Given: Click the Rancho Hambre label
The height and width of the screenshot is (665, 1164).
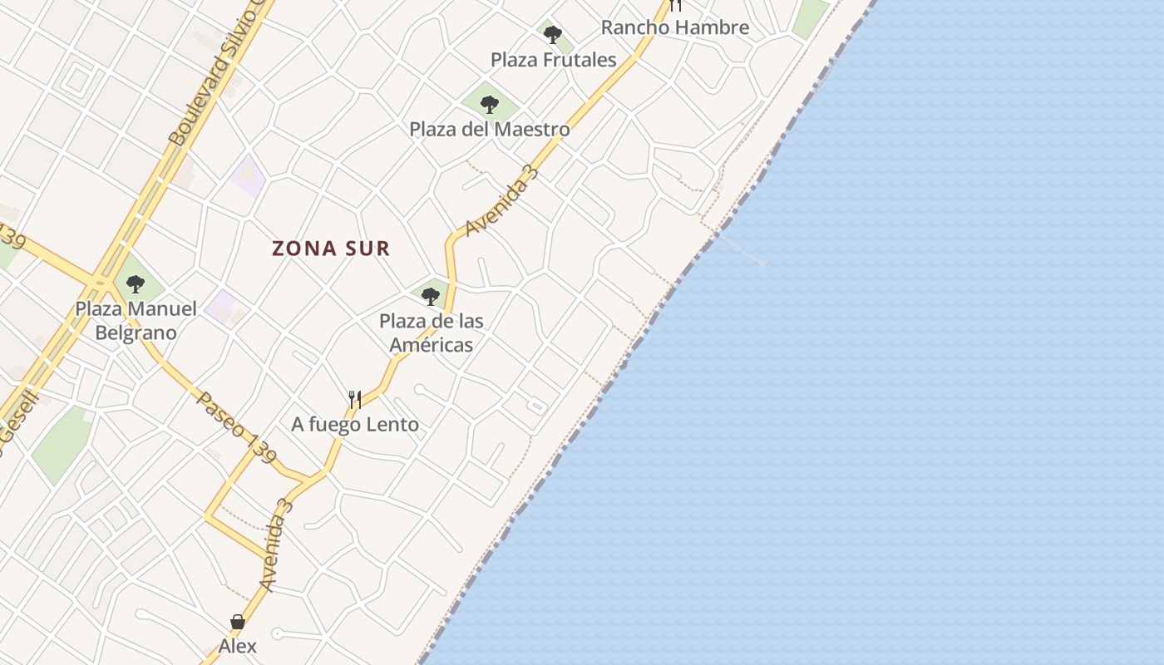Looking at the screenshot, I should point(674,27).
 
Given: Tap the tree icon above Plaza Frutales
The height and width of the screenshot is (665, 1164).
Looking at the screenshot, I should point(553,35).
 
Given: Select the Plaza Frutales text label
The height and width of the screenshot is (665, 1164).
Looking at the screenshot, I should point(553,60).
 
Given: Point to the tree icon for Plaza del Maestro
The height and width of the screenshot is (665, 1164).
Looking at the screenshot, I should point(490,105).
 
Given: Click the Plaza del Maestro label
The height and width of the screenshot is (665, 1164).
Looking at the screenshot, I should point(490,130).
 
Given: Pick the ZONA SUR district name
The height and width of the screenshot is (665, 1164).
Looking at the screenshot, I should point(331,248).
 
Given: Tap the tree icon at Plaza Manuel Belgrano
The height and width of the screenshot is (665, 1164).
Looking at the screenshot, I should point(135,284).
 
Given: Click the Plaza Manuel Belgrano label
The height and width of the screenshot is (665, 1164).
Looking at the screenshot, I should point(136,321).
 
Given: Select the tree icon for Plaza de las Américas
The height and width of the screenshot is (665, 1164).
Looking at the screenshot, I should point(430,296).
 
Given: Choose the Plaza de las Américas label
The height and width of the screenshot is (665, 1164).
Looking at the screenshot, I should point(431,332).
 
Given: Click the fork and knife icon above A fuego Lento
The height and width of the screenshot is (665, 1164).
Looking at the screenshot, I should point(355,400).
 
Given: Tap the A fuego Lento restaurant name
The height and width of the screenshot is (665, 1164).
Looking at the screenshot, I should point(355,425).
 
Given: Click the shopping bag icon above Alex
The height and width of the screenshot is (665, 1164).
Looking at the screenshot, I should point(238,622).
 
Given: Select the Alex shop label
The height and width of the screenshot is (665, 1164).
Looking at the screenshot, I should point(238,646).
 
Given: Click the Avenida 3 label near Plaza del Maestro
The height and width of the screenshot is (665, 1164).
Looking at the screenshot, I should point(502,200).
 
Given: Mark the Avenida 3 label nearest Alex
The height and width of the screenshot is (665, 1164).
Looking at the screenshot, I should point(277,545).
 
